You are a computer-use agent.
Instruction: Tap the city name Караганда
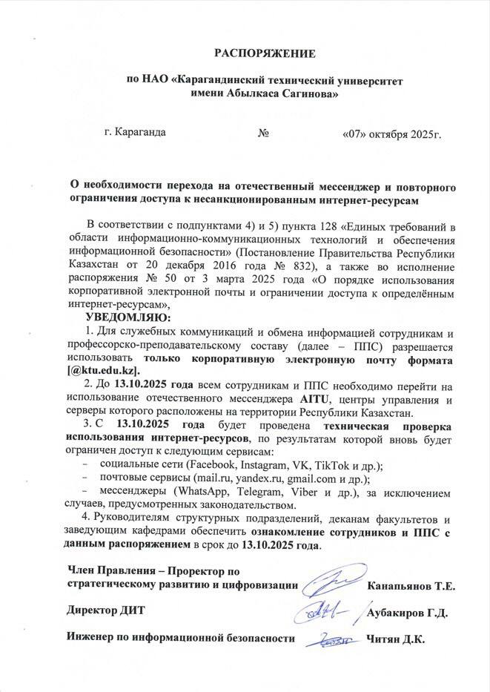click(x=141, y=134)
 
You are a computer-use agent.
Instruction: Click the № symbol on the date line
click(x=262, y=134)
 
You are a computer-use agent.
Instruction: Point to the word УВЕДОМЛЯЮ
click(x=128, y=317)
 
